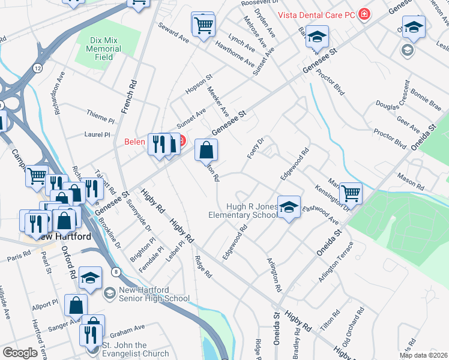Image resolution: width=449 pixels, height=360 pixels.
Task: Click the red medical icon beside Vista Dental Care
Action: tap(363, 14)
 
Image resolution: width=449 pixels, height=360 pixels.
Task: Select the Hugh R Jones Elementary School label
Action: tap(243, 211)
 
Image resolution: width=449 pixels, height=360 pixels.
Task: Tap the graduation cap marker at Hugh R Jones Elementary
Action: tap(289, 208)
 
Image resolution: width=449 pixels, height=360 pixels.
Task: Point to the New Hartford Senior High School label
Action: tap(154, 294)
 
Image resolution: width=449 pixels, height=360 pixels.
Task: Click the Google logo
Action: tap(20, 353)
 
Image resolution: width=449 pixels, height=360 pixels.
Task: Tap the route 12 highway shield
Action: tap(38, 68)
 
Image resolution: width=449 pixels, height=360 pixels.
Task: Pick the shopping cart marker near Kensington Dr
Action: tap(351, 193)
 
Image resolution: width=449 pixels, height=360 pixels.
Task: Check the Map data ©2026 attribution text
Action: tap(423, 355)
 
